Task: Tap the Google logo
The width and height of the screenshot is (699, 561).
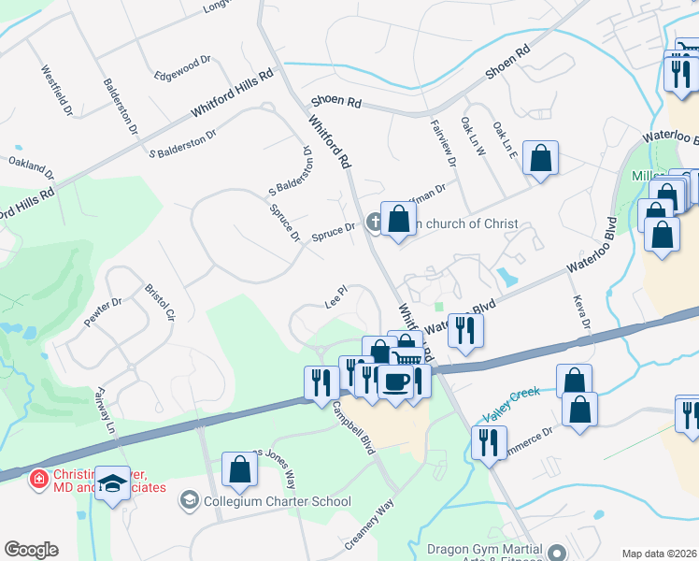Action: click(x=31, y=550)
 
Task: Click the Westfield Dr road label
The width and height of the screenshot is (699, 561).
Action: click(x=55, y=90)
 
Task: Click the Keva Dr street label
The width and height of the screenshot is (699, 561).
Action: click(x=581, y=309)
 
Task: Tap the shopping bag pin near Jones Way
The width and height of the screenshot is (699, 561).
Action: click(x=239, y=469)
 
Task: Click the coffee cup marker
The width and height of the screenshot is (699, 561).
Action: click(x=395, y=381)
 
